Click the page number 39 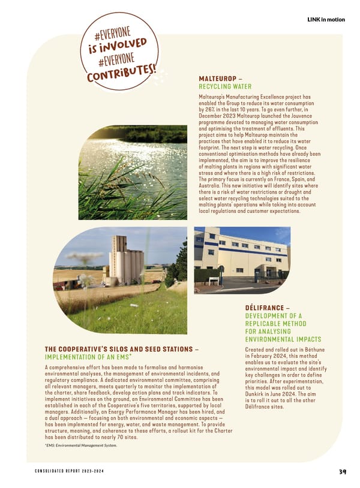[x=342, y=471]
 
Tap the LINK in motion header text [x=326, y=20]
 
